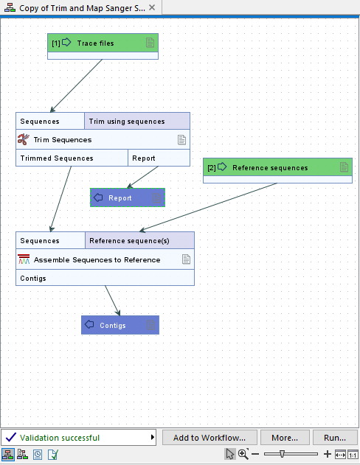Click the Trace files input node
[96, 43]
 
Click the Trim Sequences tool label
[63, 139]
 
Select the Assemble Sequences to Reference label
[97, 259]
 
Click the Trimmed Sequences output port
[57, 158]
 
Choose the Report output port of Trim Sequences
[144, 158]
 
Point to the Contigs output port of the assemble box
[33, 279]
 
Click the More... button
[284, 438]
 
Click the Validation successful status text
[60, 438]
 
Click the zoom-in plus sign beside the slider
[328, 455]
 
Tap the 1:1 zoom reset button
[353, 455]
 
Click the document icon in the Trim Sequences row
[182, 139]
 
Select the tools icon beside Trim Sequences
[23, 139]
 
